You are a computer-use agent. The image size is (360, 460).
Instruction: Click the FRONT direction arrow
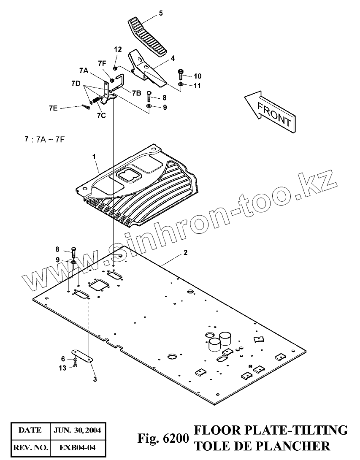click(x=271, y=111)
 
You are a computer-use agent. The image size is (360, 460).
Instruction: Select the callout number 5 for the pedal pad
click(x=160, y=13)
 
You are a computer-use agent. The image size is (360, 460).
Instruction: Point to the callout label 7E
click(x=53, y=108)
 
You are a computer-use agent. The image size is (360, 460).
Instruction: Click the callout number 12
click(x=117, y=50)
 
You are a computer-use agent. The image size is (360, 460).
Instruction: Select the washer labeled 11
click(x=180, y=85)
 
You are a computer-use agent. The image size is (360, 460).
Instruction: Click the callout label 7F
click(x=102, y=63)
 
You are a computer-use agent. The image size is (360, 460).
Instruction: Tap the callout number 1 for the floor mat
click(x=95, y=157)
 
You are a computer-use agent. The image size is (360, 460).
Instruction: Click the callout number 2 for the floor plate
click(x=185, y=253)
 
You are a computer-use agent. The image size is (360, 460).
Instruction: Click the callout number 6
click(x=64, y=359)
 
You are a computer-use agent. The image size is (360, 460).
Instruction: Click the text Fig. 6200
click(x=162, y=439)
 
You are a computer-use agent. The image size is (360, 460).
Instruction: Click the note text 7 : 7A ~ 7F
click(x=44, y=139)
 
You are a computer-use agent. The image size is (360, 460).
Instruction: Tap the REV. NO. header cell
click(x=30, y=446)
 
